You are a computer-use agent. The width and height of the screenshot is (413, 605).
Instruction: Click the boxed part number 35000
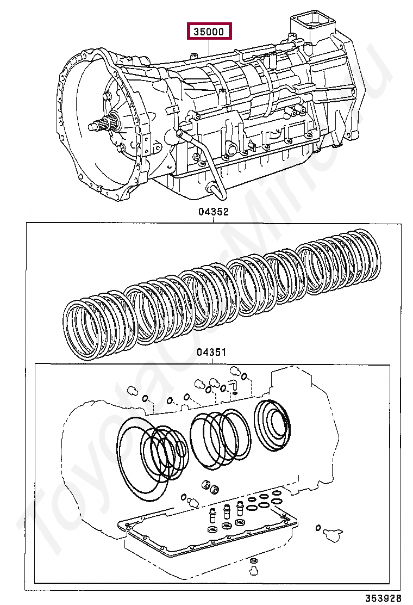210,32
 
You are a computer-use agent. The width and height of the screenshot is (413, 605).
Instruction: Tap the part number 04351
211,353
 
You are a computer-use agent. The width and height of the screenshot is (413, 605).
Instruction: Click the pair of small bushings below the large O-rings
209,486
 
